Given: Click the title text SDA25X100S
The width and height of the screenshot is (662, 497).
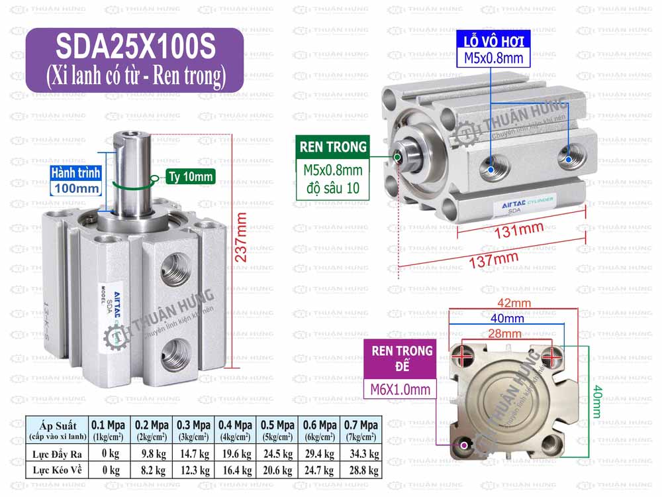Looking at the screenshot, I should (135, 47).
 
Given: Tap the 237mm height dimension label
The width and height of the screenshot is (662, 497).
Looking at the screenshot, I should (241, 237).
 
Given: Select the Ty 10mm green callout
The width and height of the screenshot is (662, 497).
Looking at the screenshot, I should (189, 176).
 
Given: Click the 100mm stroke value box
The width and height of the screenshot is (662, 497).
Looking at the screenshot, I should (77, 188).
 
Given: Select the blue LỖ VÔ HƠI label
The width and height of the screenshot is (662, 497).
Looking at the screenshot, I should (493, 41).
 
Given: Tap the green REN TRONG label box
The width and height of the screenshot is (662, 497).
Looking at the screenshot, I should (333, 147).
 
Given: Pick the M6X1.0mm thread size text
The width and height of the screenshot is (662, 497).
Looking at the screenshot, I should (401, 389).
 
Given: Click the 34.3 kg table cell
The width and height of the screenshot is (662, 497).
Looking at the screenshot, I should (361, 453).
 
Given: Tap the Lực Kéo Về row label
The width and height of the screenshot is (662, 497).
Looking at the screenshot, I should (56, 470).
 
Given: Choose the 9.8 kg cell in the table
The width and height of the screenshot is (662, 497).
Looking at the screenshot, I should (151, 453).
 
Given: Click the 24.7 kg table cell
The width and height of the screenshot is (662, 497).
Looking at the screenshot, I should (318, 470).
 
